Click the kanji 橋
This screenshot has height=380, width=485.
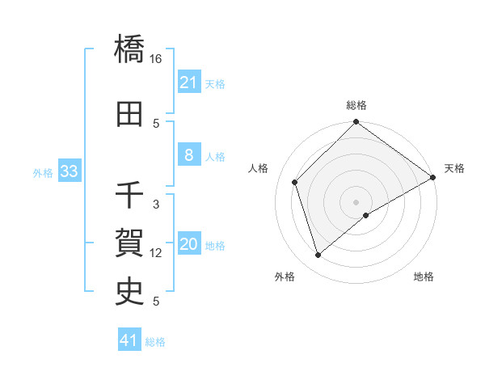[x=130, y=49]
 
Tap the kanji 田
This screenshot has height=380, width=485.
[x=130, y=114]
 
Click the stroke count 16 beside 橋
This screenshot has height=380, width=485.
[x=156, y=59]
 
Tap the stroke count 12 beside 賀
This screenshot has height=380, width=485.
[x=156, y=253]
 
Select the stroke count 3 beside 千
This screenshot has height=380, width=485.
[x=156, y=205]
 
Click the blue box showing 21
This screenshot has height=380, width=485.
[x=188, y=82]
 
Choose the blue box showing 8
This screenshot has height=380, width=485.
[x=188, y=155]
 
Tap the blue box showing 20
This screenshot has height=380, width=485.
[x=188, y=245]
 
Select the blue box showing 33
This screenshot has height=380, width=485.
[x=69, y=171]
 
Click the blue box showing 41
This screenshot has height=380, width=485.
[x=129, y=340]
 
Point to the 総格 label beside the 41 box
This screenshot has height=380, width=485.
[x=155, y=342]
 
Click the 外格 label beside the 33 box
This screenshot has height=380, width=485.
[x=42, y=172]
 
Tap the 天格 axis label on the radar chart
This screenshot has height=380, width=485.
[x=454, y=168]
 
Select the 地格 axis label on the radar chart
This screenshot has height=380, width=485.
[x=424, y=277]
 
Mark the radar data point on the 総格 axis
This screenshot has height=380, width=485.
[x=356, y=123]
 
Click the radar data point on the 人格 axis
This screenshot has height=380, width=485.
[x=295, y=182]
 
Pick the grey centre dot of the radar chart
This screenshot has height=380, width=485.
[x=356, y=201]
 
